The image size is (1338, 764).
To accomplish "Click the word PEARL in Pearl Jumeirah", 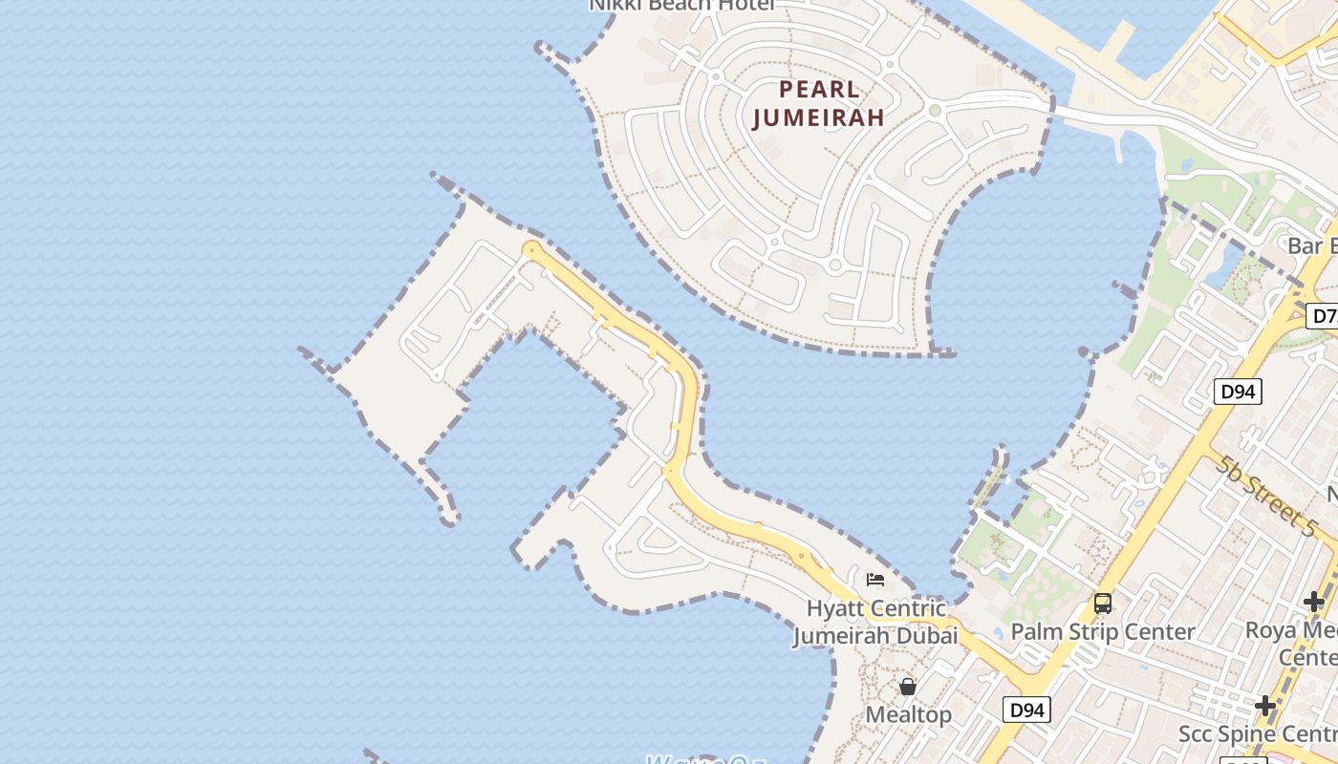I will click(x=820, y=90).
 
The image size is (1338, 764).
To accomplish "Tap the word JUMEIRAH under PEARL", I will click(x=818, y=117).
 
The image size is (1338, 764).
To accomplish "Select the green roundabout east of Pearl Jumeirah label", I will click(x=935, y=111).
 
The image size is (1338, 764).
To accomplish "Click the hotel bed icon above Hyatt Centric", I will click(x=874, y=579).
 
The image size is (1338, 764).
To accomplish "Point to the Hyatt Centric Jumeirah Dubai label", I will click(x=875, y=622).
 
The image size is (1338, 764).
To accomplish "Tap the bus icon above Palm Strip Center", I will click(x=1102, y=604).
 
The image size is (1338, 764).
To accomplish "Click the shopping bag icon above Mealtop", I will click(x=907, y=687).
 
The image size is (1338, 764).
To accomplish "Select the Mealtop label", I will click(x=908, y=714).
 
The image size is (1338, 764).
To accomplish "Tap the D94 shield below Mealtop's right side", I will click(x=1026, y=710).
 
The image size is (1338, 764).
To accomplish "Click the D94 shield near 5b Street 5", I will click(x=1239, y=391).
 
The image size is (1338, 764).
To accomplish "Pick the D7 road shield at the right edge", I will click(x=1323, y=316).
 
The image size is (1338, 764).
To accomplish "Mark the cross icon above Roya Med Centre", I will click(x=1314, y=602).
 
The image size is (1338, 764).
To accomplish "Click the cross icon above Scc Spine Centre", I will click(x=1265, y=706).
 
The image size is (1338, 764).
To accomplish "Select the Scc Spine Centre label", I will click(x=1257, y=733).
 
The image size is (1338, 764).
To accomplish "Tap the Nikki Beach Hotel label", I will click(x=680, y=6).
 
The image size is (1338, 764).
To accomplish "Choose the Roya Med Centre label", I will click(x=1291, y=643).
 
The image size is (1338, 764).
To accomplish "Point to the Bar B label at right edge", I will click(x=1311, y=245).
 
